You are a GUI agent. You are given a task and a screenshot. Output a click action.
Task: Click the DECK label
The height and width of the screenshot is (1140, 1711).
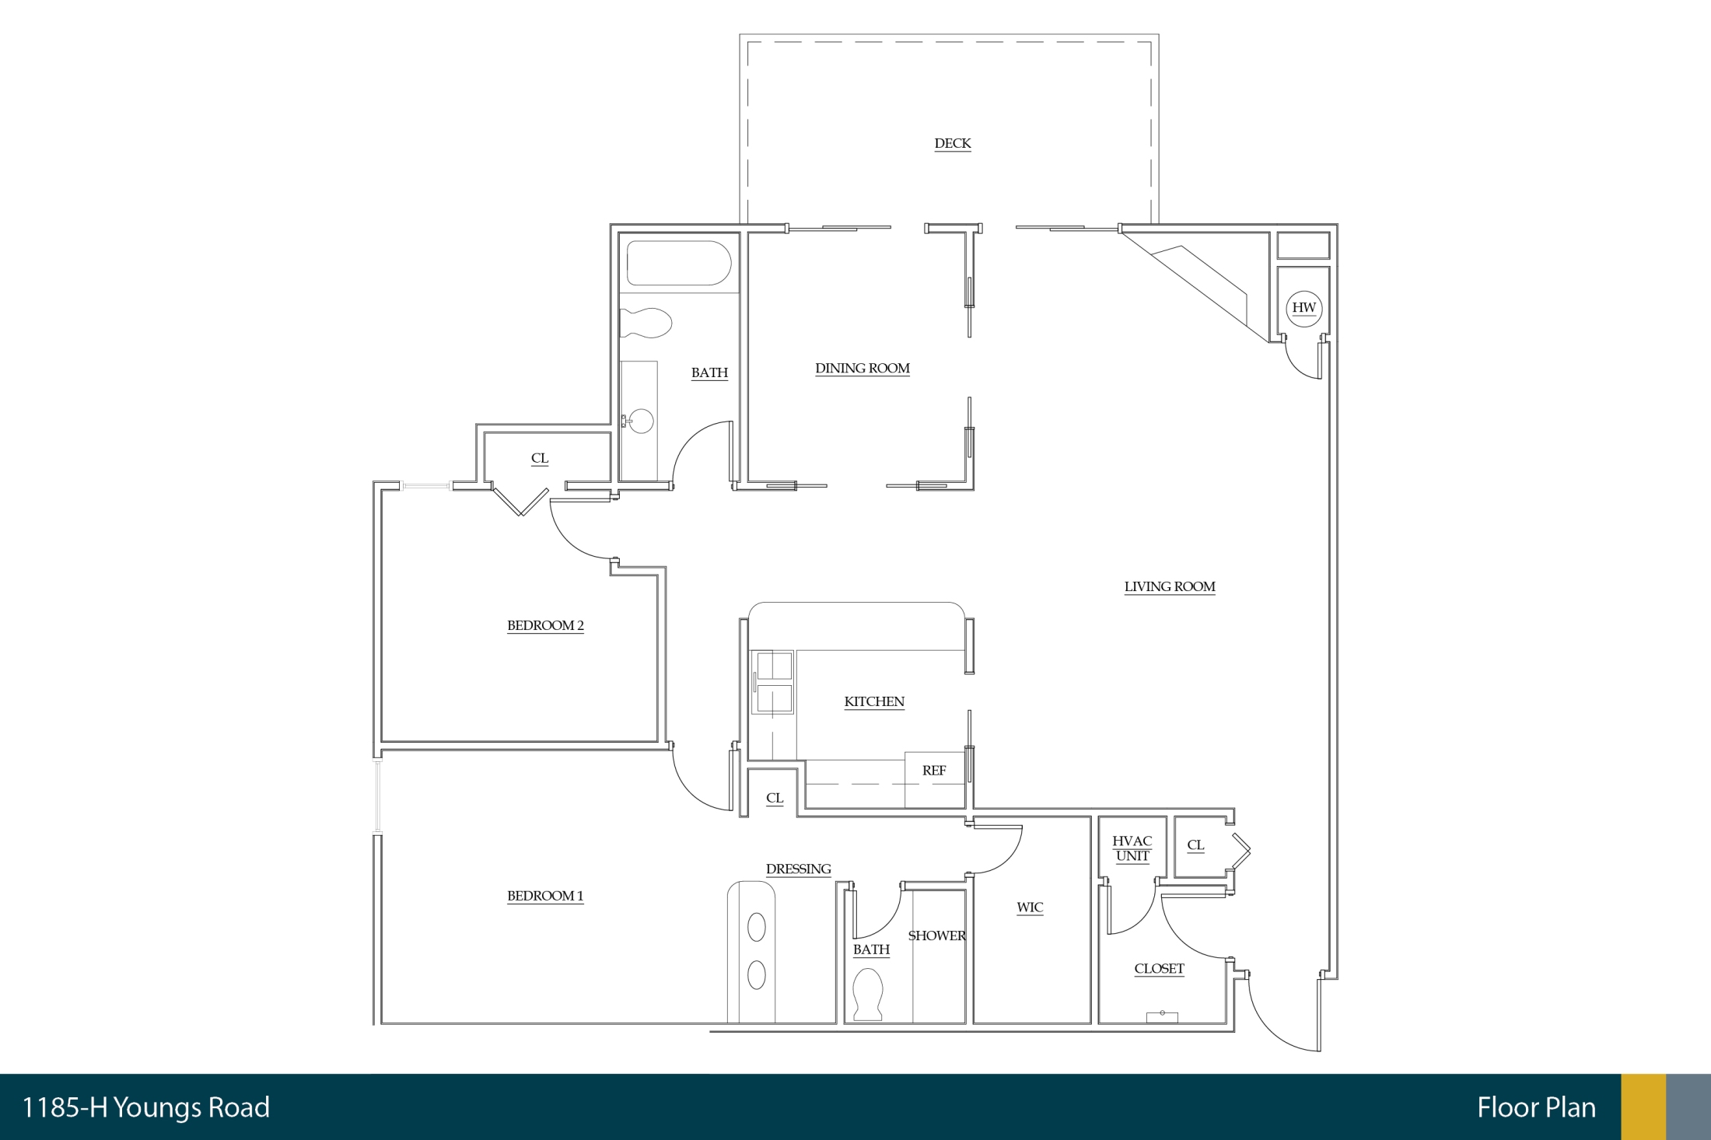tap(953, 144)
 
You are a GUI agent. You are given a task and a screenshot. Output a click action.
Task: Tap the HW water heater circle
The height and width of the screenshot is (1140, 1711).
tap(1304, 308)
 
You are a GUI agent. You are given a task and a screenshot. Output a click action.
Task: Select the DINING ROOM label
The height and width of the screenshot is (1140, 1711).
tap(862, 369)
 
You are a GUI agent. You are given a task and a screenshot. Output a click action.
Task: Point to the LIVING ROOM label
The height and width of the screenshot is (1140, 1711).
tap(1170, 587)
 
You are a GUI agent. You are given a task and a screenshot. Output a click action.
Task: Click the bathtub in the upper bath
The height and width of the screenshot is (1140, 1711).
tap(679, 264)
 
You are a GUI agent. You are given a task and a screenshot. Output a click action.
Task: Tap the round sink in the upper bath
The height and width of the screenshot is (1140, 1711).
tap(641, 421)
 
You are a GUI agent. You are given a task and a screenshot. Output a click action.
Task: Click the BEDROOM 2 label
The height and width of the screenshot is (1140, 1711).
tap(545, 626)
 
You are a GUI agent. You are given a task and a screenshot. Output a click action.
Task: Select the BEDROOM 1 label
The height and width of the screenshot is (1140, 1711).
tap(545, 897)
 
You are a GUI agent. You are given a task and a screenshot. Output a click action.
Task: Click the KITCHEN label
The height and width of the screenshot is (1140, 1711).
tap(874, 702)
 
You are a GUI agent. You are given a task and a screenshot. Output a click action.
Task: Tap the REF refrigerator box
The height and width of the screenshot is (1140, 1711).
tap(935, 780)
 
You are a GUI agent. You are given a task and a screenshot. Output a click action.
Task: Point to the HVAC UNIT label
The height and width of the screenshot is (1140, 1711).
tap(1132, 849)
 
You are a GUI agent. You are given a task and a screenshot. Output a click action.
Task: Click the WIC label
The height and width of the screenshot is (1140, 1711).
tap(1030, 907)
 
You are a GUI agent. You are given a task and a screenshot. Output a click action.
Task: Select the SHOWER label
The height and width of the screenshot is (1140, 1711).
tap(937, 936)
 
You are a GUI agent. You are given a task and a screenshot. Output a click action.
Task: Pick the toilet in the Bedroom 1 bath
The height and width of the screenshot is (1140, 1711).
tap(869, 995)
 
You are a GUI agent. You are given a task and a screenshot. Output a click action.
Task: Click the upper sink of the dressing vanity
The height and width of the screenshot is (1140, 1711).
tap(756, 927)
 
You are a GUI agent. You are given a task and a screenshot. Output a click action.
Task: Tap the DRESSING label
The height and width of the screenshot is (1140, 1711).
tap(799, 869)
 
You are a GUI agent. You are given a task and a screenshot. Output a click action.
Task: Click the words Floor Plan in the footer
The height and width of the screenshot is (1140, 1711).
tap(1536, 1107)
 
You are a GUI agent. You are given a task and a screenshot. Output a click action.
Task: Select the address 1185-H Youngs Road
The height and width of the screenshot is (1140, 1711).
tap(146, 1107)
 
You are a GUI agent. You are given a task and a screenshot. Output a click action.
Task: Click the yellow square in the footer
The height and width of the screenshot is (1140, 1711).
tap(1643, 1107)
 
